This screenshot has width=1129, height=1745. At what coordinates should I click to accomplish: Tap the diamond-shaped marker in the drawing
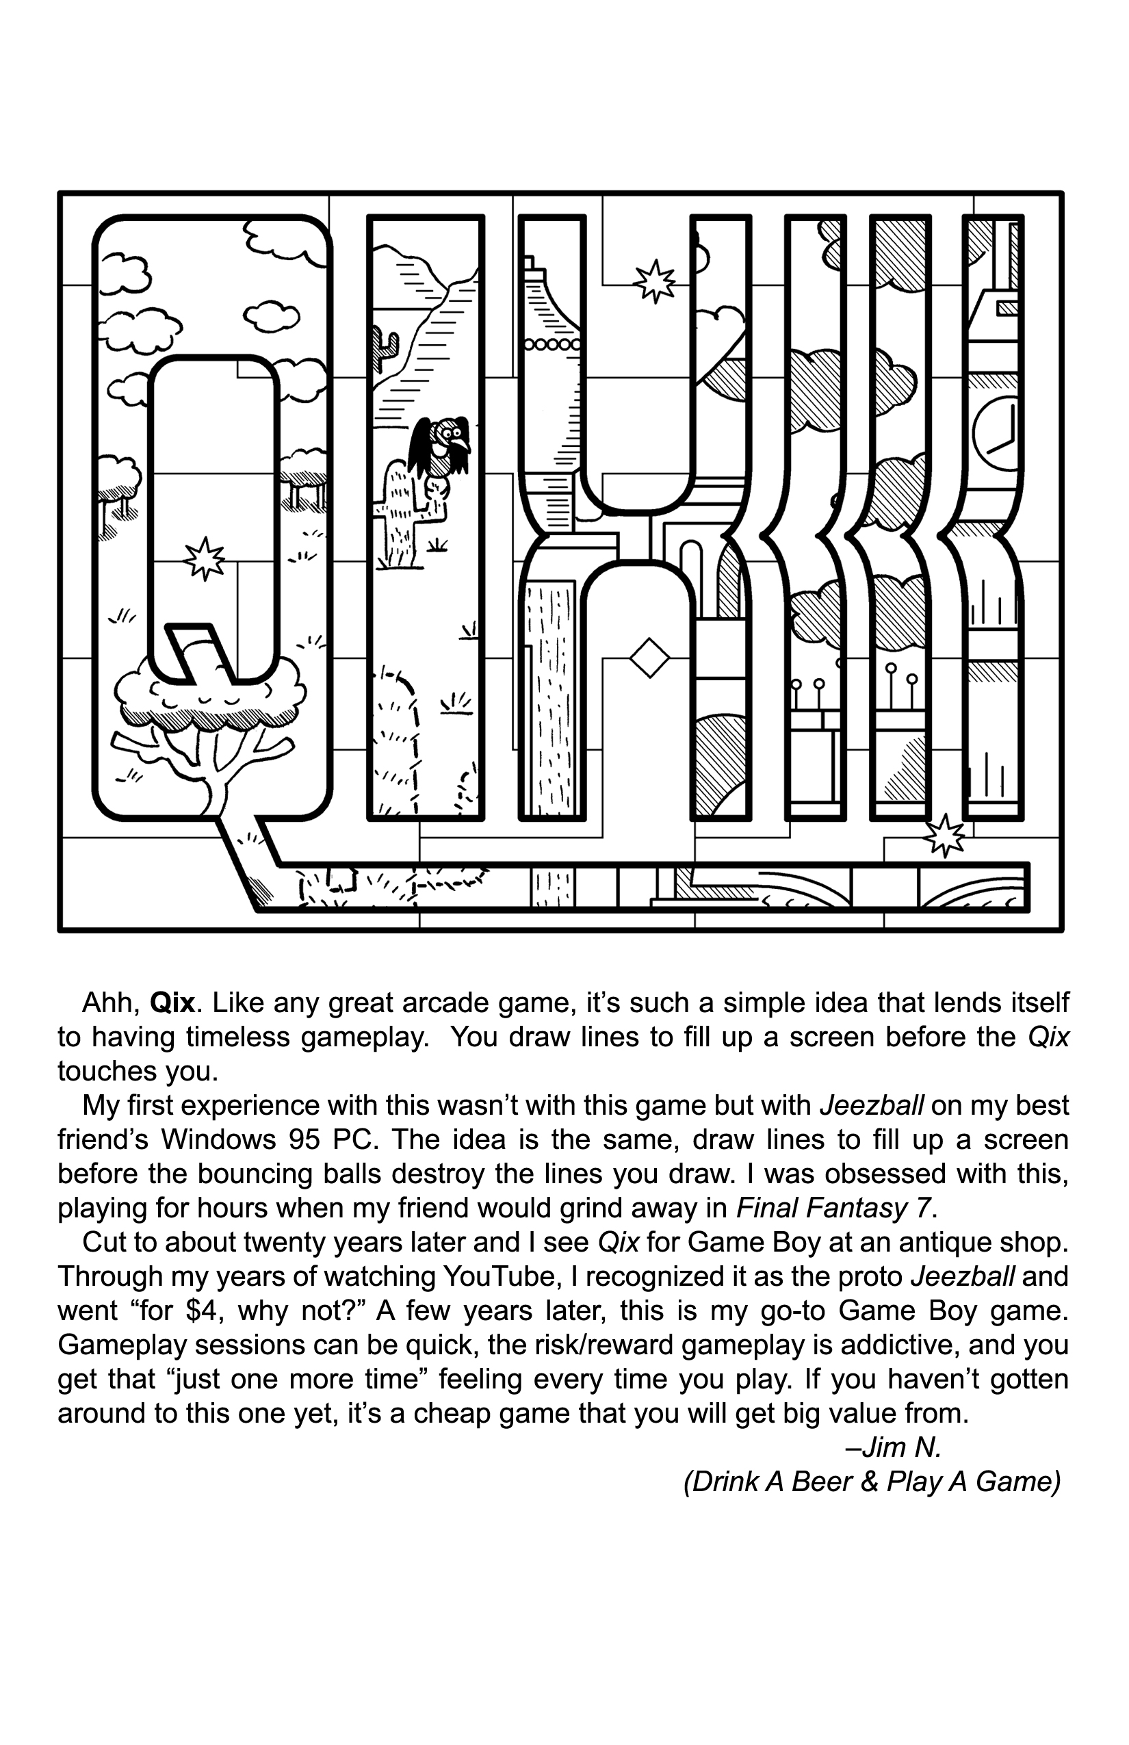coord(649,658)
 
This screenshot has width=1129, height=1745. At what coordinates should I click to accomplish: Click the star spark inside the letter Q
coord(204,558)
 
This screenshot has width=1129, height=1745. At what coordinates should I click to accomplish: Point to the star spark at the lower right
coord(944,835)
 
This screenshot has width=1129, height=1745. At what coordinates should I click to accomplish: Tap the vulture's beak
coord(462,444)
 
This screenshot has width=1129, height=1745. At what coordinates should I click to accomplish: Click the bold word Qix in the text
coord(172,1003)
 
